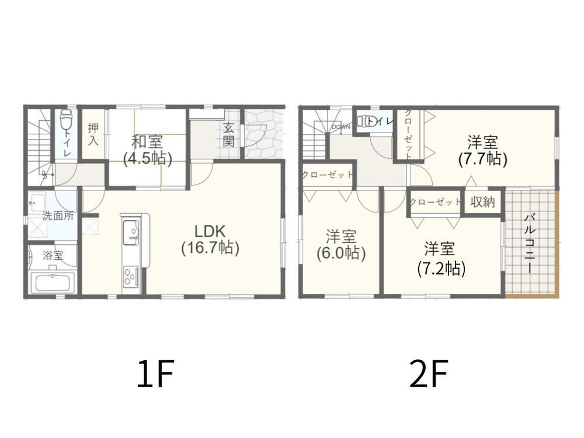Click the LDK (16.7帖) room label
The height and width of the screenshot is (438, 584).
coord(210,239)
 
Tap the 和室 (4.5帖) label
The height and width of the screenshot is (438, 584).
coord(148,150)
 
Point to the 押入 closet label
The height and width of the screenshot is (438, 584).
coord(93,134)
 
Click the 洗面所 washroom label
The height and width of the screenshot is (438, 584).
coord(58,215)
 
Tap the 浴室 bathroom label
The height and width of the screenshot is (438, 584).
coord(53,256)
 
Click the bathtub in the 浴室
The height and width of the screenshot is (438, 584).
coord(53,283)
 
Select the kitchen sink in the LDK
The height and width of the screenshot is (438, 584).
coord(131,232)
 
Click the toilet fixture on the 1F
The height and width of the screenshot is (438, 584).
coord(66,119)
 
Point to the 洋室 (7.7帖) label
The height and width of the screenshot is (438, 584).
coord(482,150)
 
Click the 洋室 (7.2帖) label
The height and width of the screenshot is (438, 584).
coord(441,259)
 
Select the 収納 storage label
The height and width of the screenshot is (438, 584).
coord(482,202)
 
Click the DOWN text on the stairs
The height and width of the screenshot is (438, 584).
coord(341,127)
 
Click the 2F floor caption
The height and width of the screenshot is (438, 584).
coord(428,373)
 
